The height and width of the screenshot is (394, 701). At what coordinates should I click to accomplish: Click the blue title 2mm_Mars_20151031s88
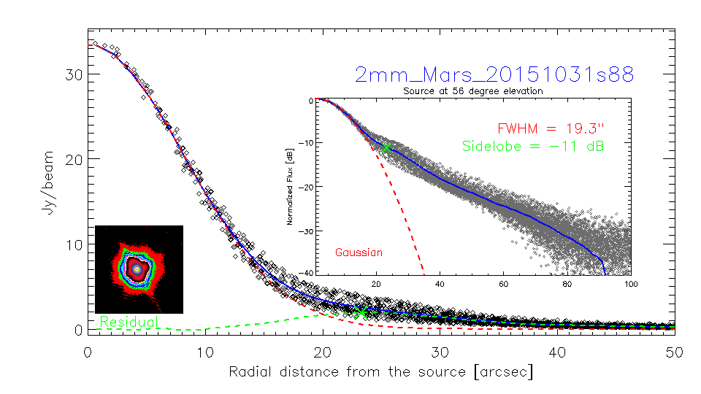(494, 74)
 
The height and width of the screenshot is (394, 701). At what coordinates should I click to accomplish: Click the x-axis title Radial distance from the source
(380, 371)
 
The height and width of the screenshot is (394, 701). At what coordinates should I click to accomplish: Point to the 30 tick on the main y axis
(72, 74)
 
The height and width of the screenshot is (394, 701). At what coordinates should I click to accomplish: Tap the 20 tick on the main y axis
(72, 160)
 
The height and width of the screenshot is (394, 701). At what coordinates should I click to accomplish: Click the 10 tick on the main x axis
(205, 352)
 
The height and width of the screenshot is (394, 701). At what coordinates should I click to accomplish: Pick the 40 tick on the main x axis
(557, 352)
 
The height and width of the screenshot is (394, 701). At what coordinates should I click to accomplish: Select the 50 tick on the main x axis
(674, 352)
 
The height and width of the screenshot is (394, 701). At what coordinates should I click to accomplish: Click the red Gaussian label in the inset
(359, 252)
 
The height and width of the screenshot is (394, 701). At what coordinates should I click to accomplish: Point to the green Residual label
(128, 322)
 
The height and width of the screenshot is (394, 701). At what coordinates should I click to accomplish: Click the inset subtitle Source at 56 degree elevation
(473, 91)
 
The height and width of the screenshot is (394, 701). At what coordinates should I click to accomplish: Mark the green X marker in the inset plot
(386, 147)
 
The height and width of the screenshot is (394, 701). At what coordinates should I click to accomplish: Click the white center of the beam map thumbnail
(137, 269)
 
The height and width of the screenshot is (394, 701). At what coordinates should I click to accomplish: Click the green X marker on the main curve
(360, 312)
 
